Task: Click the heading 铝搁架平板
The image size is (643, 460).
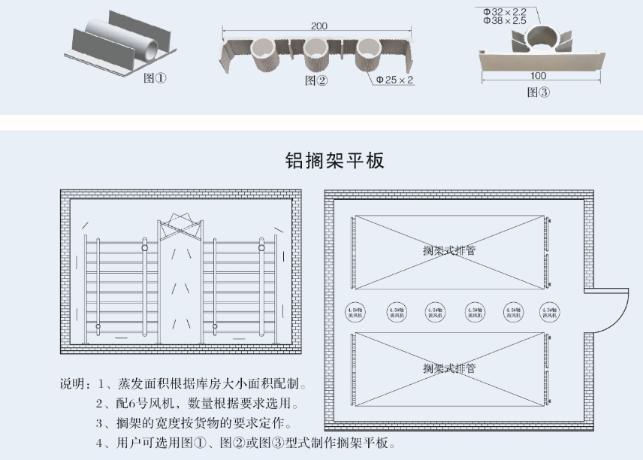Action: coord(335,160)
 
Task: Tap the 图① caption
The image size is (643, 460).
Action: coord(155,78)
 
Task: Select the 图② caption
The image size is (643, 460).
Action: coord(316,80)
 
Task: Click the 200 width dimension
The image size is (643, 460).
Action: coord(318,26)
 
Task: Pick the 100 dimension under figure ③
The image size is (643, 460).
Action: coord(538,76)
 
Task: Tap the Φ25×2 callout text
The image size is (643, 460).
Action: coord(395,79)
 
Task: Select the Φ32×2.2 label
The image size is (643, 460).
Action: coord(505,11)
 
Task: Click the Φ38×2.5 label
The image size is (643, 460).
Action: coord(505,21)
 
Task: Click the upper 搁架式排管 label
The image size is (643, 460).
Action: coord(448,250)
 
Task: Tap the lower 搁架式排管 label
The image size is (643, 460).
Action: coord(448,368)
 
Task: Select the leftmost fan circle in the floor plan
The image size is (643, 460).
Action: coord(354,310)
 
